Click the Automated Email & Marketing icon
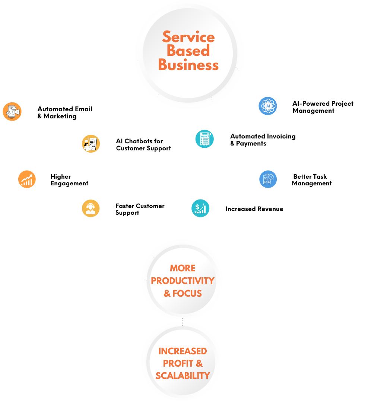click(x=12, y=112)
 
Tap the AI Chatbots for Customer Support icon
click(x=91, y=144)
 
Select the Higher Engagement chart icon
click(x=27, y=179)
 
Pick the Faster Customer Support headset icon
click(x=91, y=208)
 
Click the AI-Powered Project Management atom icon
click(x=268, y=106)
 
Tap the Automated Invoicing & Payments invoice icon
click(x=204, y=139)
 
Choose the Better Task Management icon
click(x=268, y=179)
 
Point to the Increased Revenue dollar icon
click(x=200, y=208)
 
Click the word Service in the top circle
click(x=188, y=37)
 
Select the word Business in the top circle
click(x=188, y=65)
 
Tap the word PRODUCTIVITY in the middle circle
click(x=183, y=281)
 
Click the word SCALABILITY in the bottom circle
click(x=183, y=376)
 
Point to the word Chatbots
click(x=139, y=141)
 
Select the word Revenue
click(x=269, y=209)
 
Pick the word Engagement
click(x=69, y=184)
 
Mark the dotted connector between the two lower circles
click(x=183, y=322)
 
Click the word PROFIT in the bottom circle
click(x=178, y=363)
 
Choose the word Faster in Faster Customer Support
click(x=124, y=206)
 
